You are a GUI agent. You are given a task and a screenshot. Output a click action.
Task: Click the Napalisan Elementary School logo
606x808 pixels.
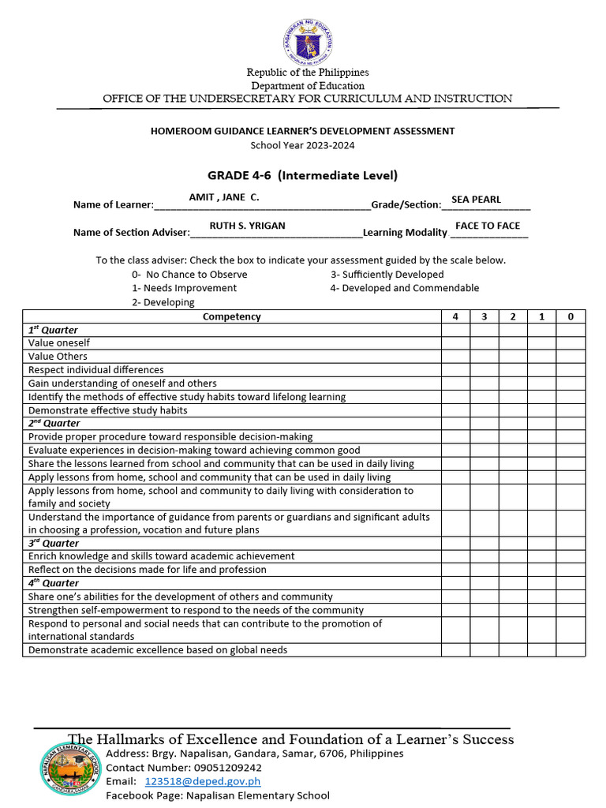click(x=71, y=769)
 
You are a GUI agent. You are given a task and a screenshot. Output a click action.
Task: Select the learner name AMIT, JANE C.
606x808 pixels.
click(x=224, y=197)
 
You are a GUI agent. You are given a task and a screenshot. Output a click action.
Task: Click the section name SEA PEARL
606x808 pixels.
click(x=476, y=200)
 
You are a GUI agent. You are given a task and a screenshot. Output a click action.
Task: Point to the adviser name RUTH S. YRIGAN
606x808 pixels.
click(x=247, y=226)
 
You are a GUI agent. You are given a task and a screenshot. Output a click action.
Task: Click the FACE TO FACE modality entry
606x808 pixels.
click(x=488, y=226)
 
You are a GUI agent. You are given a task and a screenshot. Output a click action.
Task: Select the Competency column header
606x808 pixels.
click(x=231, y=316)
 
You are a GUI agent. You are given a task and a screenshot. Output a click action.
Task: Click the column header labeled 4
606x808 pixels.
click(x=455, y=316)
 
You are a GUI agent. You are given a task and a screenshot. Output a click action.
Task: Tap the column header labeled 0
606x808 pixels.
click(x=570, y=316)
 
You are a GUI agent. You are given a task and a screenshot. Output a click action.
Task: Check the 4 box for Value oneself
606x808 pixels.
click(x=455, y=343)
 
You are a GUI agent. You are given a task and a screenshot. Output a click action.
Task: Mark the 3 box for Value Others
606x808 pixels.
click(x=484, y=357)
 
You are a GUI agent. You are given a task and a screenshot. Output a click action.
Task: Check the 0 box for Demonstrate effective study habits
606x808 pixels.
click(x=570, y=410)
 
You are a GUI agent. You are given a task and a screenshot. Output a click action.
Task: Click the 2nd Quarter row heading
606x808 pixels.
click(x=54, y=424)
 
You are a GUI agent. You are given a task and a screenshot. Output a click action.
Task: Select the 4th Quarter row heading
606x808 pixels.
click(x=54, y=583)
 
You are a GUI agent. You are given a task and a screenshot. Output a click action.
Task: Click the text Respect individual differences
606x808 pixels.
click(x=96, y=370)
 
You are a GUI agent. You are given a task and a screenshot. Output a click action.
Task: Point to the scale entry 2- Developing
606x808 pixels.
click(x=163, y=302)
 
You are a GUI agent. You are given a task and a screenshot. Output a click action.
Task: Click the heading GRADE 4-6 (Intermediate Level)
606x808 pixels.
click(x=302, y=175)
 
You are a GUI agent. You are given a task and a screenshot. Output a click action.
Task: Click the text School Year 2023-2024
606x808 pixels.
click(x=302, y=144)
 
